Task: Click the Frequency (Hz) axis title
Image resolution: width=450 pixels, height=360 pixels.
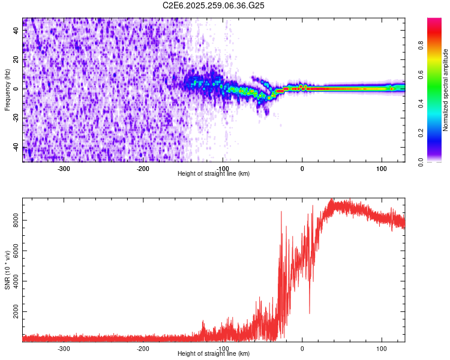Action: click(7, 90)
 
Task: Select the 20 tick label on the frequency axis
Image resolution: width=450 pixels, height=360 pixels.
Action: click(17, 60)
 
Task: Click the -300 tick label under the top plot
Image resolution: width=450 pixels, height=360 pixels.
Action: click(64, 169)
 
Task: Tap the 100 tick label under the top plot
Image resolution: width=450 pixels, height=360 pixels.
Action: click(382, 169)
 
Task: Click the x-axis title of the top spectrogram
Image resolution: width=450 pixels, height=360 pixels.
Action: click(214, 174)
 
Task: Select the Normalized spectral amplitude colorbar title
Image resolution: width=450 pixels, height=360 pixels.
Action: click(446, 90)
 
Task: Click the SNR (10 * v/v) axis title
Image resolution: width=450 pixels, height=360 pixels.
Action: click(7, 270)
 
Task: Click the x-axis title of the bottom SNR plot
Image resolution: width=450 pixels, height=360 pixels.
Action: click(214, 354)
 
